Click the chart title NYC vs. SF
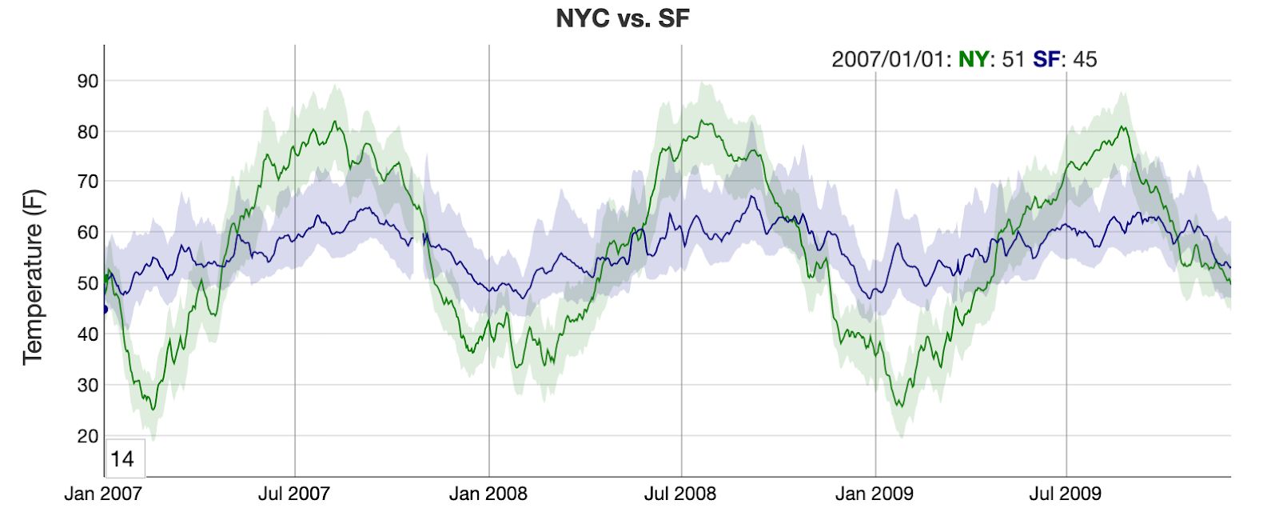622,18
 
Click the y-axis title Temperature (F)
33,277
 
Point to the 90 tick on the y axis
88,81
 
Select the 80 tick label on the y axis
88,132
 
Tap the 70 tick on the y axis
88,182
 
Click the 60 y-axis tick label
88,233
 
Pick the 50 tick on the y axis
88,283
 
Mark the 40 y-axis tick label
88,334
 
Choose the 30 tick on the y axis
88,385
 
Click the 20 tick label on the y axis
88,436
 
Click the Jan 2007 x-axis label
103,494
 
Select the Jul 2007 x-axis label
293,494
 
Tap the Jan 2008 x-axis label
488,494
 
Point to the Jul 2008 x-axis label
680,494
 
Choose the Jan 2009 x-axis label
874,494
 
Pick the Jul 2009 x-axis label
1065,494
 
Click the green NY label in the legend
973,59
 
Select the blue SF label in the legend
1046,59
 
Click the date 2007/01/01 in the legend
888,59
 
